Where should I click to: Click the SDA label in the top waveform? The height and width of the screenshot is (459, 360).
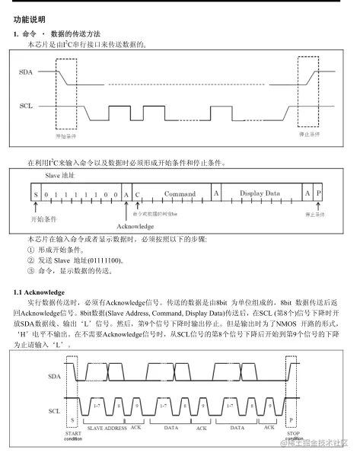point(25,71)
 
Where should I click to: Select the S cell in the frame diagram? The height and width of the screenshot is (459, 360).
point(36,195)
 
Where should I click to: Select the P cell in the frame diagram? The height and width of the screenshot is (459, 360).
point(318,195)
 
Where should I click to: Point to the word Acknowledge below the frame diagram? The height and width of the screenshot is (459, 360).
point(136,226)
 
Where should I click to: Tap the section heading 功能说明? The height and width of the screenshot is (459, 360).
point(30,19)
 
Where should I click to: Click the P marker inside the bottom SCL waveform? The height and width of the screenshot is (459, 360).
point(291,419)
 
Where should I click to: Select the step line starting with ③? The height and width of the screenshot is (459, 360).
point(71,270)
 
